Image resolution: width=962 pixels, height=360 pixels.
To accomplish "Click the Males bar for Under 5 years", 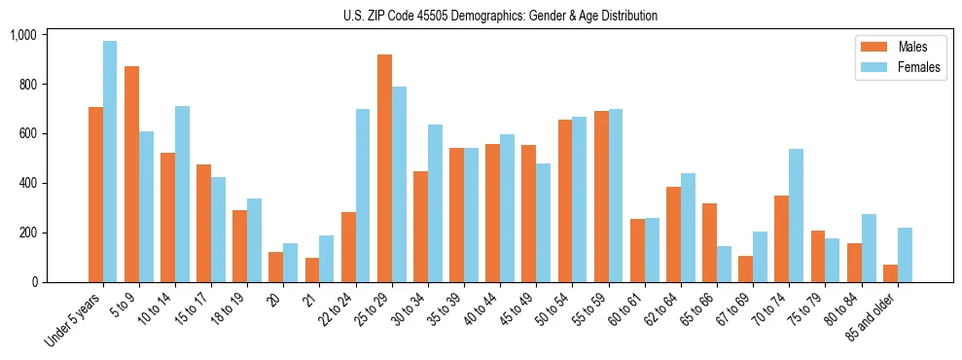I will [95, 195].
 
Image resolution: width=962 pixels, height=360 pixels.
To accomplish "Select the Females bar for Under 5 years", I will [110, 162].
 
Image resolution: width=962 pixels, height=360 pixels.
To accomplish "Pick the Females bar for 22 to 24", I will [363, 196].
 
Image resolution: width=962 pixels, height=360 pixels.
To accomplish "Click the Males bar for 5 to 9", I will [131, 174].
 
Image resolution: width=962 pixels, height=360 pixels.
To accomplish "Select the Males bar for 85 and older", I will [890, 273].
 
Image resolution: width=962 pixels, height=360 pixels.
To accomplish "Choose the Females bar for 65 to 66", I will [724, 264].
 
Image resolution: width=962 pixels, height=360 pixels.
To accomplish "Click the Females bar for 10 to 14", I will [182, 194].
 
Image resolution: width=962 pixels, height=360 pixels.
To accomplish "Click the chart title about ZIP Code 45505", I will [500, 16].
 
